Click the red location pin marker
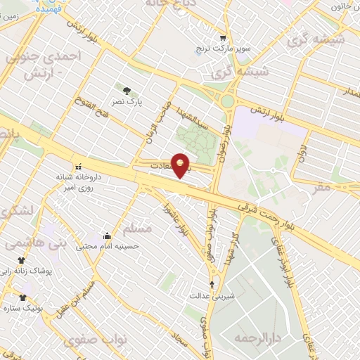pyautogui.click(x=181, y=165)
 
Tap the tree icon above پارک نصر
pyautogui.click(x=126, y=90)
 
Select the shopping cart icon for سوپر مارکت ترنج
pyautogui.click(x=223, y=38)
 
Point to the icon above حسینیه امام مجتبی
pyautogui.click(x=106, y=236)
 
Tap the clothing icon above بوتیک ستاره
pyautogui.click(x=22, y=297)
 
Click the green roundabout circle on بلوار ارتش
pyautogui.click(x=227, y=101)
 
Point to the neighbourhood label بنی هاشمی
pyautogui.click(x=26, y=243)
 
